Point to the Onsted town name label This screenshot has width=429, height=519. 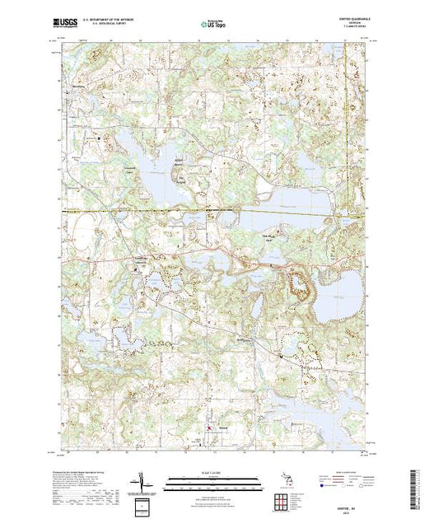pos(224,426)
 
